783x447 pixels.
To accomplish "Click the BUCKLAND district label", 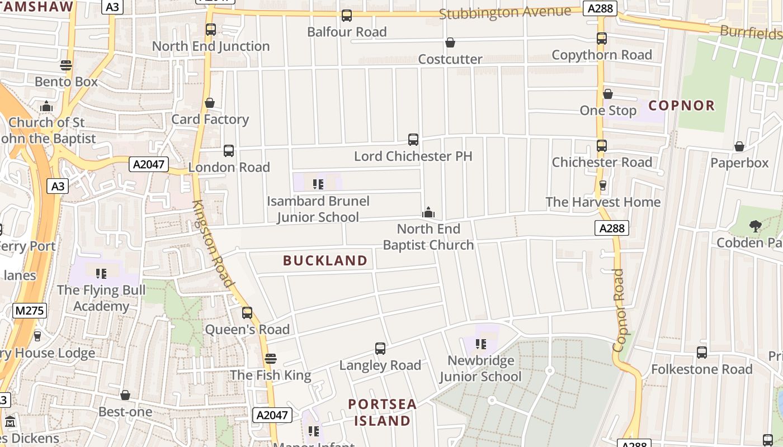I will click(325, 260).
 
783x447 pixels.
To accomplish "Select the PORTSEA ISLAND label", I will click(383, 412).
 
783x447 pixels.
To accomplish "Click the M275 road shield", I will click(29, 311).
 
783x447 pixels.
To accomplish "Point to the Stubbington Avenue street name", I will click(505, 12).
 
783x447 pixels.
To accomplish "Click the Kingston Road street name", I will click(212, 244).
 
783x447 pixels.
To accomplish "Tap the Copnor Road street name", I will click(619, 310).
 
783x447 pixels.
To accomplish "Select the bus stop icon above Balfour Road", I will click(347, 16).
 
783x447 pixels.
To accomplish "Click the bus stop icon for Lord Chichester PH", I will click(413, 140).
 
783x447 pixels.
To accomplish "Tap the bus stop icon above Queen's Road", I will click(247, 313).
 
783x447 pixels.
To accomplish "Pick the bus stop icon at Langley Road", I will click(380, 349).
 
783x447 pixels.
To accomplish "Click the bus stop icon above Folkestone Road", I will click(702, 353).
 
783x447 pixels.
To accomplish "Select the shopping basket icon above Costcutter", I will click(450, 42).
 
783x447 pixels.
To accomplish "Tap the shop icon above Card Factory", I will click(210, 103).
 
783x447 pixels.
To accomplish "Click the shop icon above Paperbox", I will click(739, 146).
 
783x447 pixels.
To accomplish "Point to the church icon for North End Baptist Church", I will click(428, 212).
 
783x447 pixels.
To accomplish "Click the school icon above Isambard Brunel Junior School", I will click(318, 184).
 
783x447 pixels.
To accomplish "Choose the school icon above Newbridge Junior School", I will click(480, 344).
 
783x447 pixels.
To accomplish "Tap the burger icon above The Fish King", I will click(271, 358).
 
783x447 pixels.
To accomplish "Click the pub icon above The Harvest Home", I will click(603, 185).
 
